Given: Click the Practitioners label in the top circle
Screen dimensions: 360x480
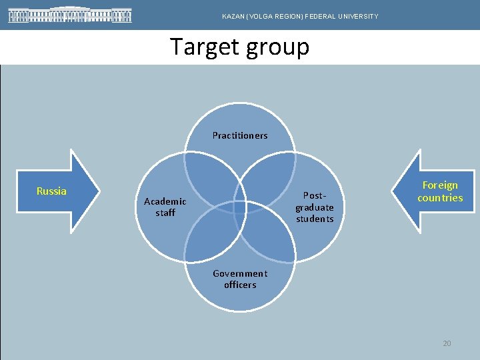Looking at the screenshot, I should point(240,135).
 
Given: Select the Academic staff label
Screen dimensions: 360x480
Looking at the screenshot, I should point(165,207).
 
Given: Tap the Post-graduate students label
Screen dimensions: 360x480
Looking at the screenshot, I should point(315,207).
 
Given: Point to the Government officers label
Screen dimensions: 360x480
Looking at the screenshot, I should point(240,279).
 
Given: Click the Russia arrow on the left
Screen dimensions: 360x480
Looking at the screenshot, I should point(60,191).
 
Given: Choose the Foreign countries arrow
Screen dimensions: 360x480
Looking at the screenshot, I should point(437,191).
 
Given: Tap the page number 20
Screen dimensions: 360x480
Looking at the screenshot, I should point(447,343).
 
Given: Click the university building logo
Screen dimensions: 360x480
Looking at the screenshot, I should point(70,15).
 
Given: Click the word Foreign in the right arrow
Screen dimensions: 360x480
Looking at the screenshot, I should point(440,185).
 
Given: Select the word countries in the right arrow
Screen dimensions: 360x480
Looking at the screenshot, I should point(440,198).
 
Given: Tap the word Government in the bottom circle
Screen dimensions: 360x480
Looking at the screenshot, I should point(240,273).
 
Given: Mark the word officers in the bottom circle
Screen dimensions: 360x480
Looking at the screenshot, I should point(240,285).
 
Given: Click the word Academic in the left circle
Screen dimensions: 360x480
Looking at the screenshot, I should point(165,201).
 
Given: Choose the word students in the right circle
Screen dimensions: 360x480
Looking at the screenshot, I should point(315,219).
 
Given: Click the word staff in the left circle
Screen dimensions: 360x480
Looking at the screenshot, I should point(165,213).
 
